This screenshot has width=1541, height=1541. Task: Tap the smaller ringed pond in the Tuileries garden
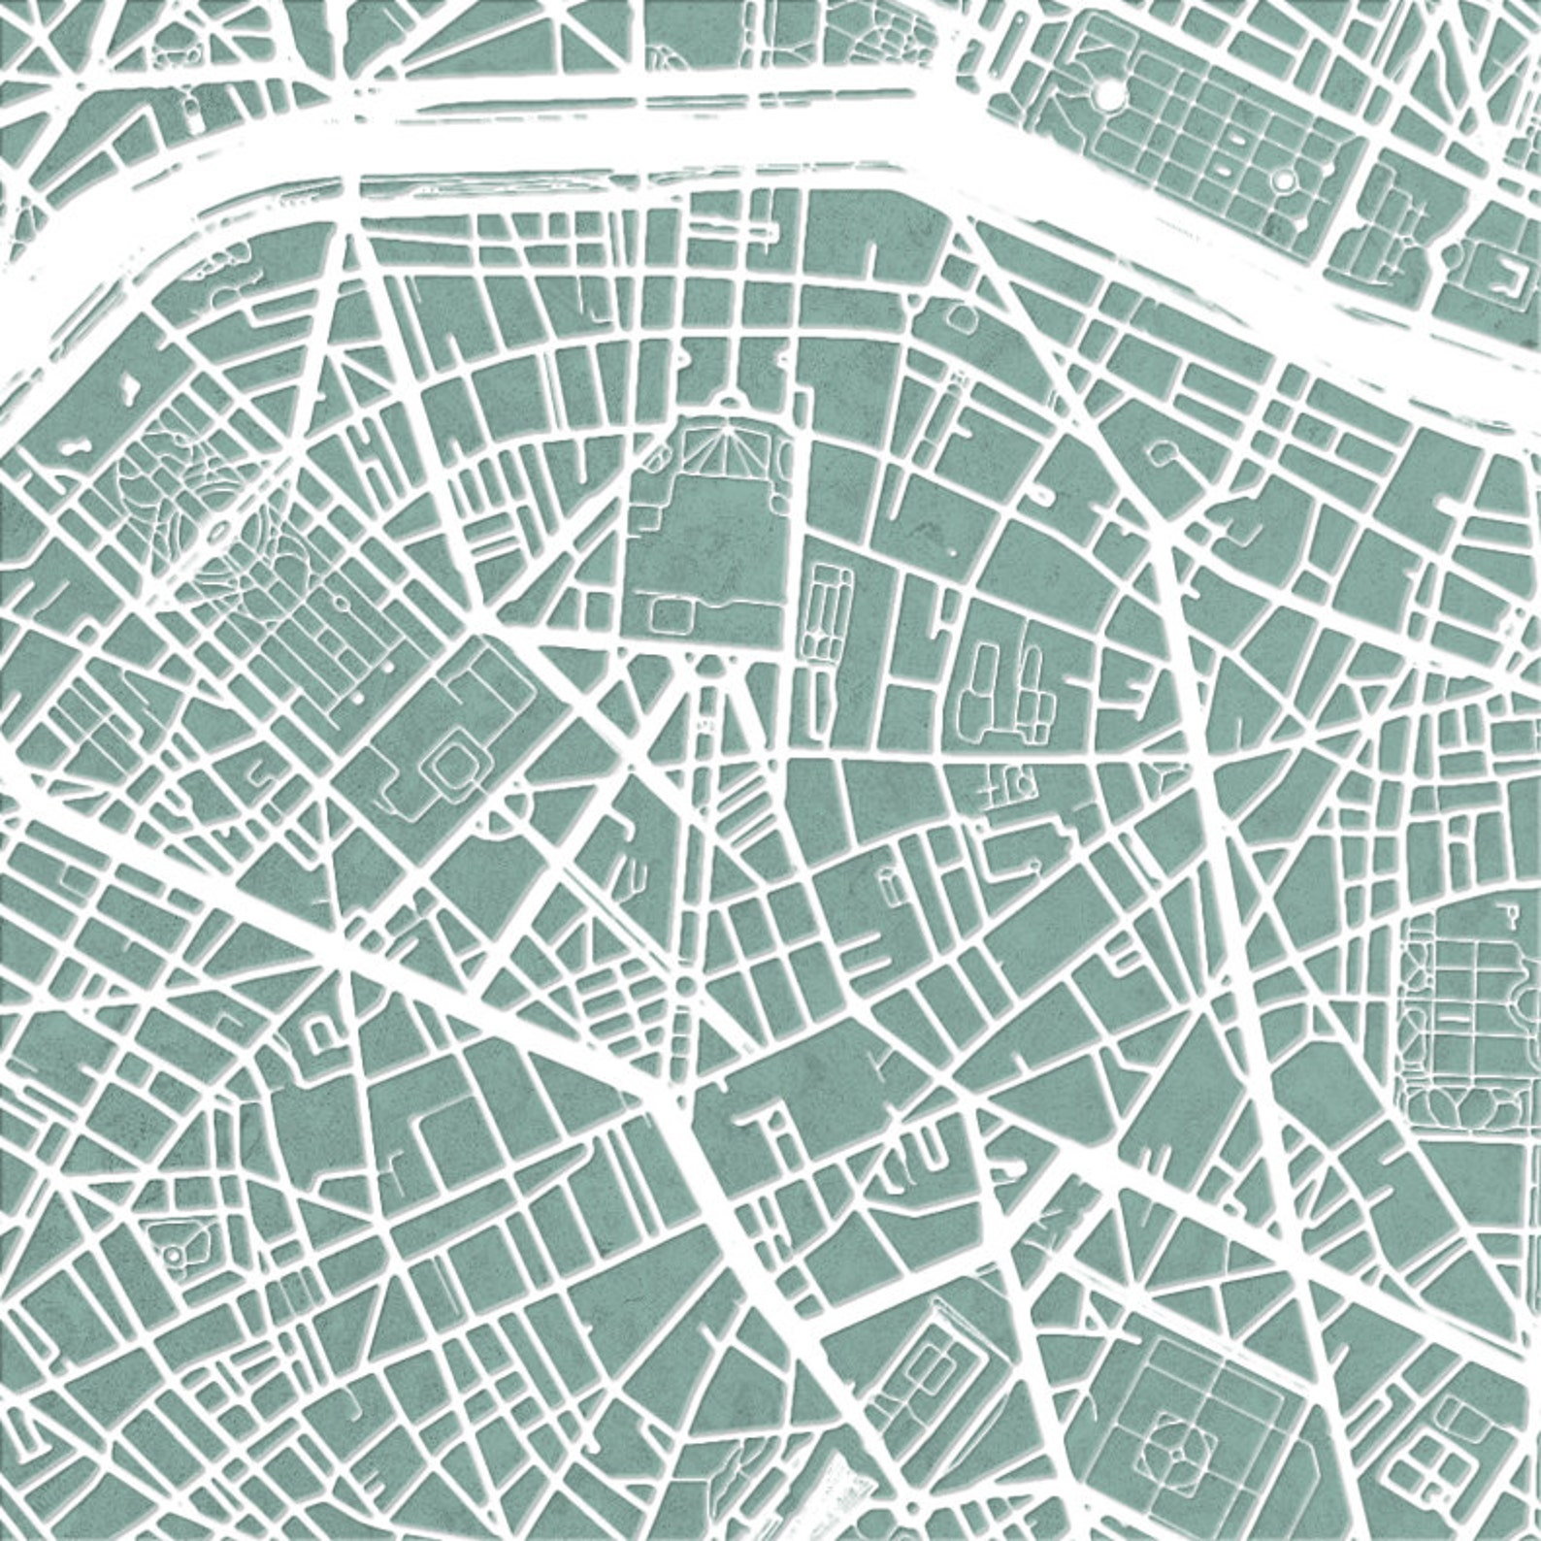click(1285, 180)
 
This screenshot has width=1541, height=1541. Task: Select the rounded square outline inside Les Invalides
click(670, 612)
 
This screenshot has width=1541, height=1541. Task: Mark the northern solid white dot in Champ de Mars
click(387, 668)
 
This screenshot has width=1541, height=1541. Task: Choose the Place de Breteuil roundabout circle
click(685, 986)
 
